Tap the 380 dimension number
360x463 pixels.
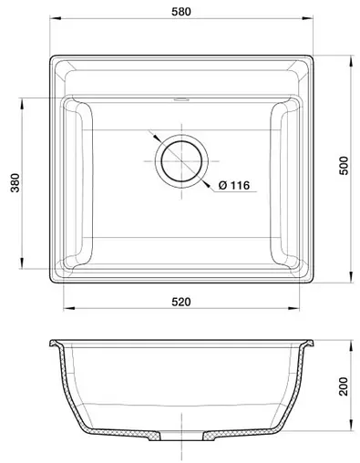click(14, 185)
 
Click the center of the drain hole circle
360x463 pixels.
click(180, 159)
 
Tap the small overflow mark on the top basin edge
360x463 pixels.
click(180, 95)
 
